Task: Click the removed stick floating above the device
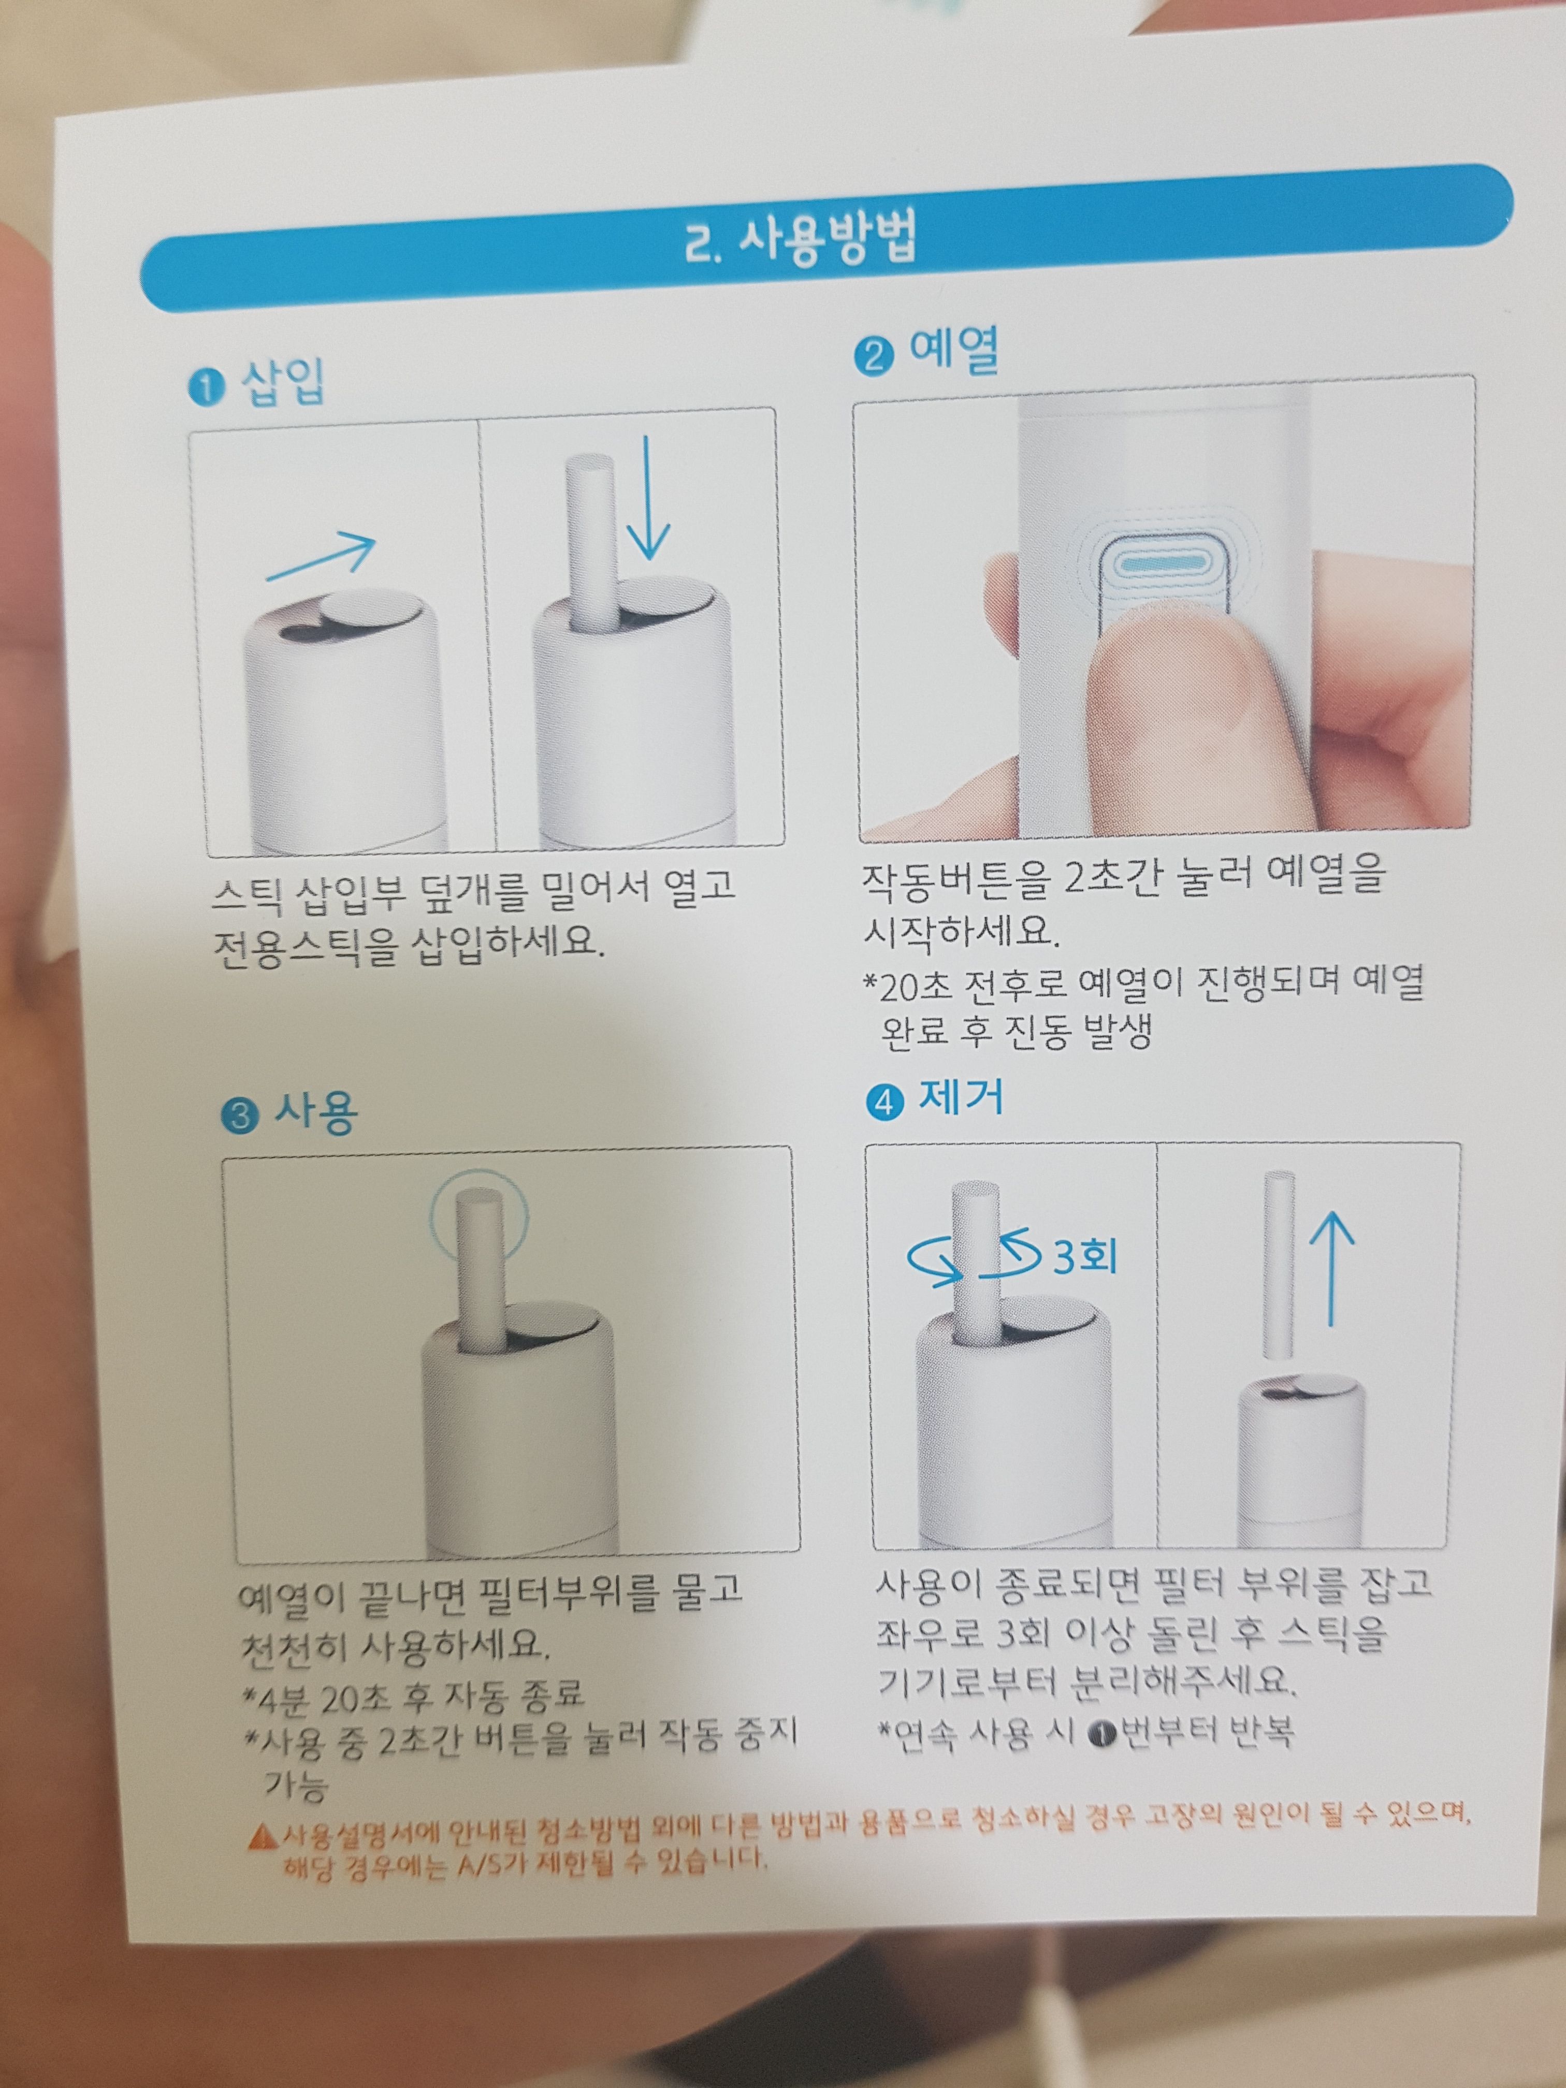[1278, 1265]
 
